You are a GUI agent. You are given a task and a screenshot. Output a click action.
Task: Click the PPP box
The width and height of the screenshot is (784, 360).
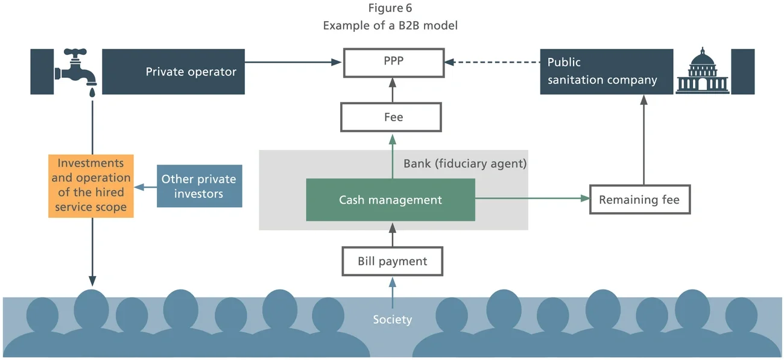pos(393,62)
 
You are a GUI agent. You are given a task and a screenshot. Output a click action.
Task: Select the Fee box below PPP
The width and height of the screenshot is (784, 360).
pos(391,117)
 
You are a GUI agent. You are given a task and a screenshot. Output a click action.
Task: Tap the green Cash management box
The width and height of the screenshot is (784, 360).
pos(390,200)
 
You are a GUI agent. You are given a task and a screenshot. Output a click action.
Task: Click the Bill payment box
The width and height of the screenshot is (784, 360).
pos(392,261)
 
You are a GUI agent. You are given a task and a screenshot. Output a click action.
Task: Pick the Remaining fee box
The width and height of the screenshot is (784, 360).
pos(639,200)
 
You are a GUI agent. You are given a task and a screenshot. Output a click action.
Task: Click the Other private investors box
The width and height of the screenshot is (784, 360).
pos(199,186)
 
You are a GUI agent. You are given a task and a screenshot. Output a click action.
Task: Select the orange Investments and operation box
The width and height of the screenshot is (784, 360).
pos(91,185)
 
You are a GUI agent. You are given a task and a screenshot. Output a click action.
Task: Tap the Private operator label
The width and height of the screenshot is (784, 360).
pos(191,72)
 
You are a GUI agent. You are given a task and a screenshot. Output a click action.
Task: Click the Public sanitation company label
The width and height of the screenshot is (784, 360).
pos(602,71)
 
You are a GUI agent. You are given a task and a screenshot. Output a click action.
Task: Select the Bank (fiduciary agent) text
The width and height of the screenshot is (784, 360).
pos(464,163)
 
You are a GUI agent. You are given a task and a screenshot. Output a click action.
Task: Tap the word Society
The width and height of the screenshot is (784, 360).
pos(392,319)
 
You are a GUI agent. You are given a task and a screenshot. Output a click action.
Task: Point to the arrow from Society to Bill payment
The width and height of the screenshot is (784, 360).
pos(392,291)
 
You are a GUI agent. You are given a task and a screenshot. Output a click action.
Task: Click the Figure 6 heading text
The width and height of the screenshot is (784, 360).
pos(390,8)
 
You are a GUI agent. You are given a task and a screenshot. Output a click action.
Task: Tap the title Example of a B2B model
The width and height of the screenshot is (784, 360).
pos(390,26)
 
